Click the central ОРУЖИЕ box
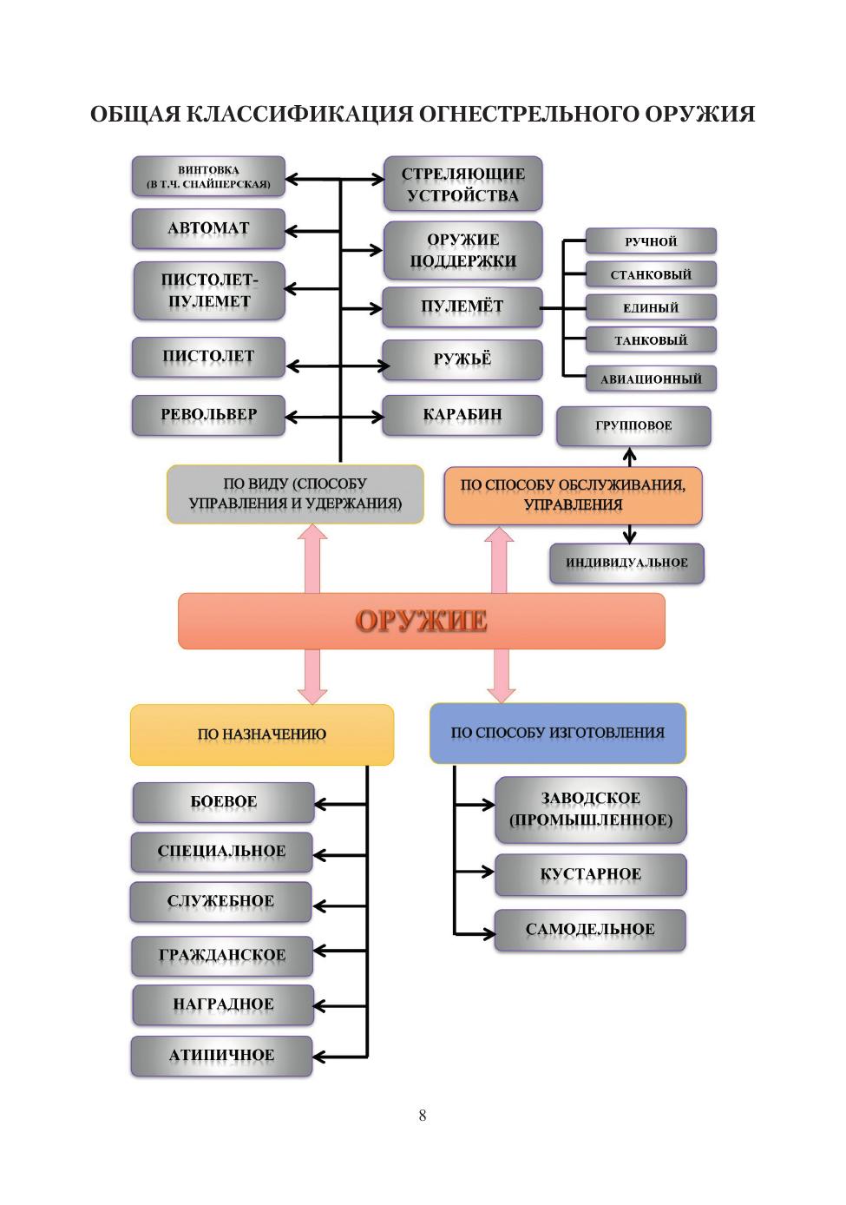[421, 621]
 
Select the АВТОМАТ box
[208, 228]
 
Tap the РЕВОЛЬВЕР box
[208, 414]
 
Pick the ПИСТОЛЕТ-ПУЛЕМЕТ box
[208, 291]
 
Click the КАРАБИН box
[462, 414]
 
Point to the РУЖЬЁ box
[462, 359]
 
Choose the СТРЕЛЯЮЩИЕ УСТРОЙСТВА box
[462, 184]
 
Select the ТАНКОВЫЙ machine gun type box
[651, 340]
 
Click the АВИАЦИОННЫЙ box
[651, 379]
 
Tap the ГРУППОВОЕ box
[633, 426]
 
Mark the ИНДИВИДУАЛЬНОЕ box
[626, 563]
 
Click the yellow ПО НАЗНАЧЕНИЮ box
[261, 734]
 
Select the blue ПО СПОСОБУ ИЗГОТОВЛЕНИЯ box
[557, 733]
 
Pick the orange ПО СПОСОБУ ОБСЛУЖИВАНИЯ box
[573, 495]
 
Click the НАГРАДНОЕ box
[223, 1004]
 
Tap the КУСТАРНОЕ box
[590, 874]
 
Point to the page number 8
[423, 1116]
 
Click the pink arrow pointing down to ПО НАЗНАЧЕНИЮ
[312, 676]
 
